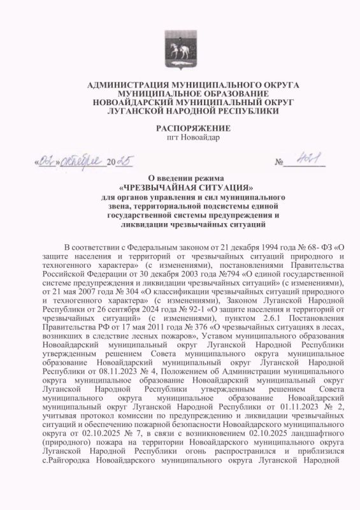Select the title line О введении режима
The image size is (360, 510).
pyautogui.click(x=180, y=178)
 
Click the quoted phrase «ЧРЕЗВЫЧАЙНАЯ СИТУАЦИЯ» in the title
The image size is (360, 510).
pyautogui.click(x=180, y=188)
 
